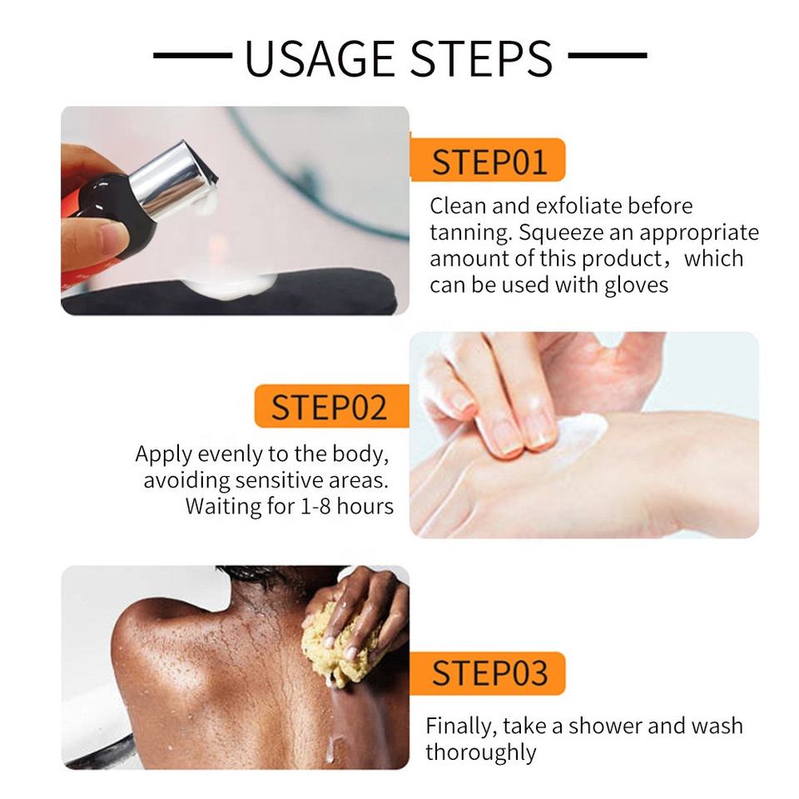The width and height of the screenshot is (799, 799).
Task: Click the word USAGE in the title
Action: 320,58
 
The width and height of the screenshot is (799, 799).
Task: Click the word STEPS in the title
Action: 481,58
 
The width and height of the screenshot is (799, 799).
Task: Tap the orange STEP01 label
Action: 488,160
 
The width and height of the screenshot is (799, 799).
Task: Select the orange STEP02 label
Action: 331,406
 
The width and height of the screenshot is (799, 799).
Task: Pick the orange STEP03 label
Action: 488,673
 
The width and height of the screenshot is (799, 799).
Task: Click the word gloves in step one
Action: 637,285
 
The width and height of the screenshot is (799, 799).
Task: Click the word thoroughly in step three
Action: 481,752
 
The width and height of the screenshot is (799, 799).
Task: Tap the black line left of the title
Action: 192,55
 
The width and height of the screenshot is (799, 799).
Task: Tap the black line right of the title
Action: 608,55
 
